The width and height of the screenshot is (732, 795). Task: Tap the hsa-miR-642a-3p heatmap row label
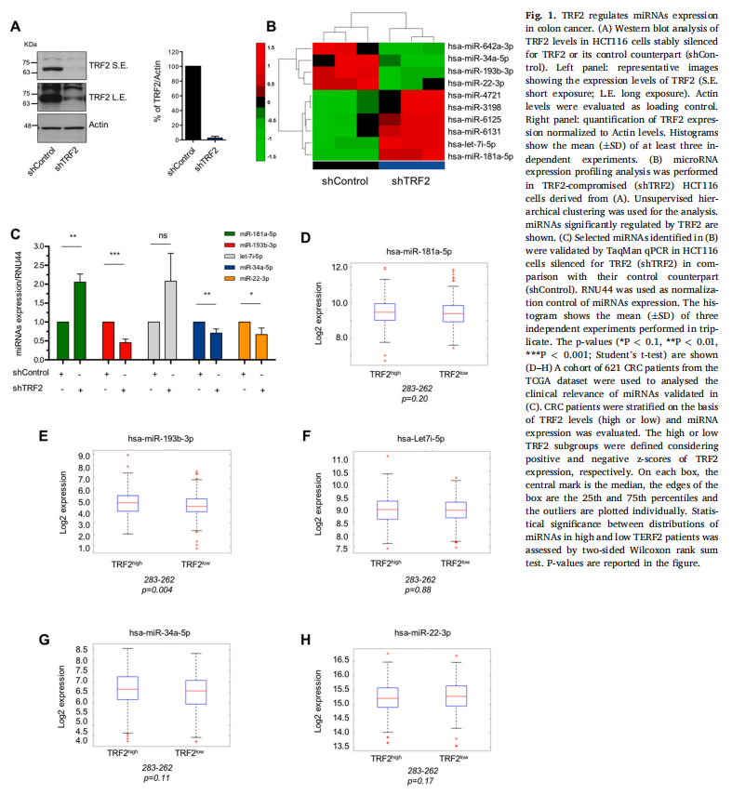tap(480, 46)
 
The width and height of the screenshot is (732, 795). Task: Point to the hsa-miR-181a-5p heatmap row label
tap(480, 156)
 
